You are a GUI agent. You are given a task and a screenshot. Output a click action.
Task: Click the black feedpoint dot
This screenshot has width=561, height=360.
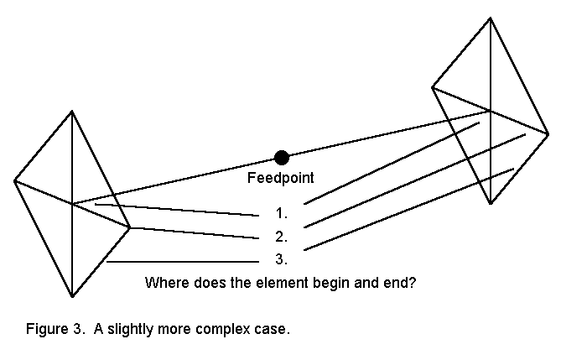pyautogui.click(x=282, y=157)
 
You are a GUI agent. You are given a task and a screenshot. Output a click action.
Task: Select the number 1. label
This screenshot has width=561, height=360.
pyautogui.click(x=281, y=213)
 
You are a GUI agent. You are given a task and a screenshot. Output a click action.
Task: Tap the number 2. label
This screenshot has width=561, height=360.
pyautogui.click(x=281, y=236)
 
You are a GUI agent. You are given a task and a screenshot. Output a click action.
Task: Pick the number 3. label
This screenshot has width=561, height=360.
pyautogui.click(x=281, y=258)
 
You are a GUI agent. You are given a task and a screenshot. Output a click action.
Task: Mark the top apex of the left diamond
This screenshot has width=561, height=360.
pyautogui.click(x=72, y=111)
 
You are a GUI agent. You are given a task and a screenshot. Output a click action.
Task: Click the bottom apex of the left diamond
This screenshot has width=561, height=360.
pyautogui.click(x=73, y=296)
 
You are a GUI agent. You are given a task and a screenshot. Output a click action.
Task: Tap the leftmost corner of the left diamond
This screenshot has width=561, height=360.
pyautogui.click(x=15, y=180)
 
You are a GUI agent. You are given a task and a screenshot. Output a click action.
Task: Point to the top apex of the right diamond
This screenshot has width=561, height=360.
pyautogui.click(x=490, y=18)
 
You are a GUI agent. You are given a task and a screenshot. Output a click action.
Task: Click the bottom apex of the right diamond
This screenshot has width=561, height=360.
pyautogui.click(x=491, y=203)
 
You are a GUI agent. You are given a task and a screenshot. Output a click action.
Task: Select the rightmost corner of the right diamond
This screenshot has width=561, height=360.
pyautogui.click(x=548, y=133)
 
